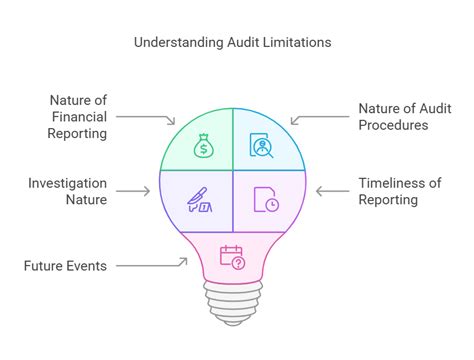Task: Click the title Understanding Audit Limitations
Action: click(234, 43)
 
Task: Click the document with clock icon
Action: click(265, 199)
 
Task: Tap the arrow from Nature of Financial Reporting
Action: click(156, 118)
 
